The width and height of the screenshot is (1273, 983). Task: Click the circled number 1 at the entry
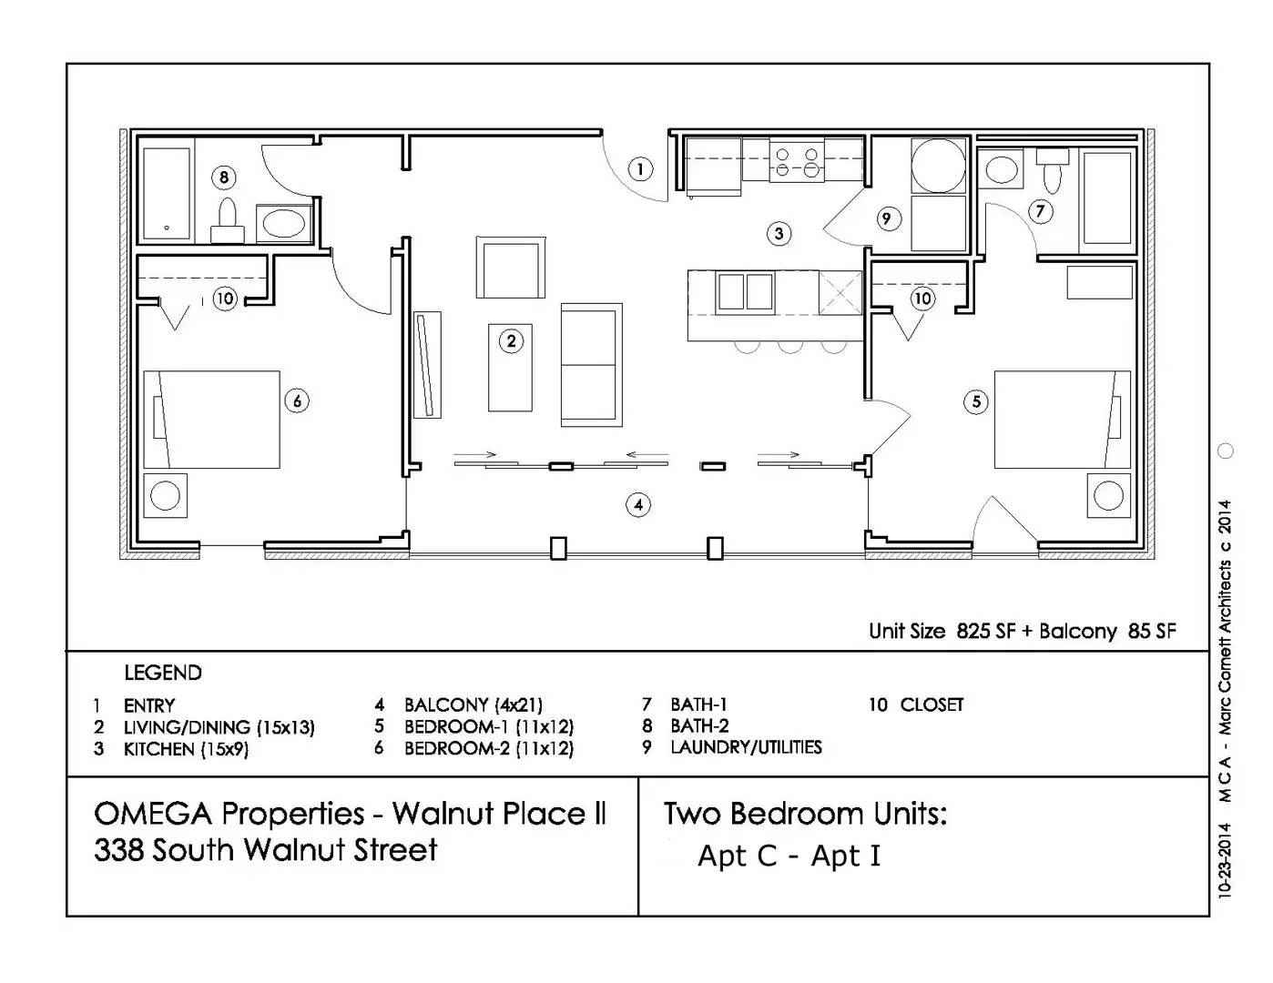point(640,169)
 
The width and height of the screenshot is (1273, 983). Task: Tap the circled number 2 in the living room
point(511,341)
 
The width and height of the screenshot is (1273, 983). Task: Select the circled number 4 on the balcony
point(638,504)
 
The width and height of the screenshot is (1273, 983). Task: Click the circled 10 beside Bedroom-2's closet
point(225,298)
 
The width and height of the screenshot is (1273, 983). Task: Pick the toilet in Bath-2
point(227,221)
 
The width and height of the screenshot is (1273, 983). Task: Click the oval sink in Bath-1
point(1003,170)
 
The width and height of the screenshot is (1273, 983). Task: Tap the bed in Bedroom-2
point(212,419)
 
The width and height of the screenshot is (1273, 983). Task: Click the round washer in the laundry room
point(938,166)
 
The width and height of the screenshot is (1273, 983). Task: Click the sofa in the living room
point(591,365)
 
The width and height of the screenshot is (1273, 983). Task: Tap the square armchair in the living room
point(510,267)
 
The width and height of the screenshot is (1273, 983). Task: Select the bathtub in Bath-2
point(167,194)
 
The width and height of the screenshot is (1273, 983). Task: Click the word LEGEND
point(163,674)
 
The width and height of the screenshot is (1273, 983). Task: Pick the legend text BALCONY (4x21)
point(473,705)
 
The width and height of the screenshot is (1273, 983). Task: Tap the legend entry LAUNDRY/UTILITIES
point(746,747)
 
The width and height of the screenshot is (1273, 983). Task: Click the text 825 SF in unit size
point(985,632)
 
